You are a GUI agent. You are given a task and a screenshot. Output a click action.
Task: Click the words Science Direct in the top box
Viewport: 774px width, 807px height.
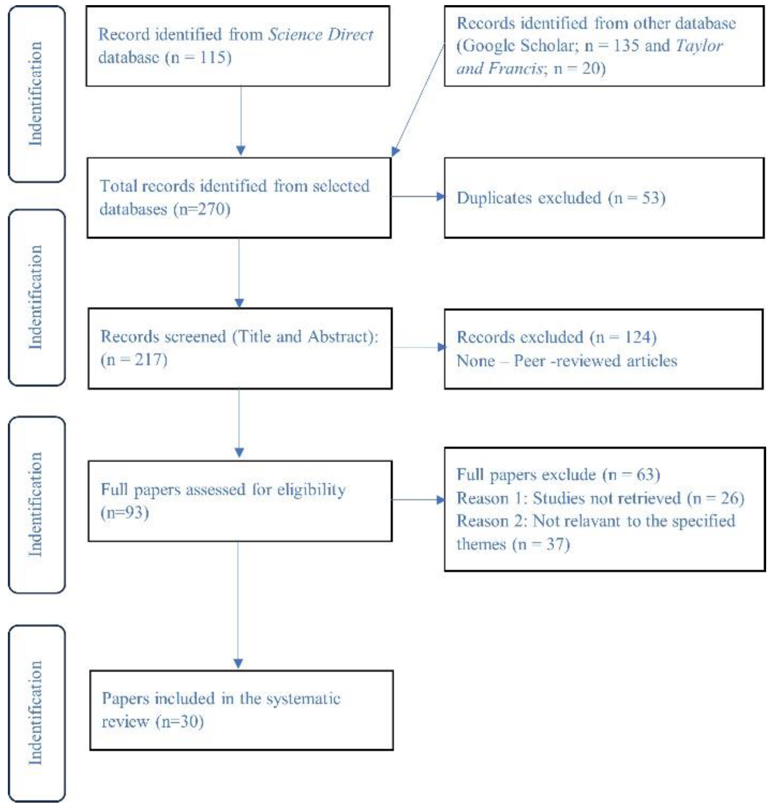coord(320,35)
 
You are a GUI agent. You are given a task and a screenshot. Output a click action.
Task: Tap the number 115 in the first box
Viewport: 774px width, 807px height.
coord(212,57)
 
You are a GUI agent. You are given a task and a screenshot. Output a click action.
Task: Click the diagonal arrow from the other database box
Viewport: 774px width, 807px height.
coord(419,99)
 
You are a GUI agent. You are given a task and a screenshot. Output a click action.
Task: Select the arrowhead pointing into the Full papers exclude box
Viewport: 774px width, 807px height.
coord(441,500)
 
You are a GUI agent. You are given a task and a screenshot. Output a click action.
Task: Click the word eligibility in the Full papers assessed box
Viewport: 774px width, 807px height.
coord(311,490)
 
